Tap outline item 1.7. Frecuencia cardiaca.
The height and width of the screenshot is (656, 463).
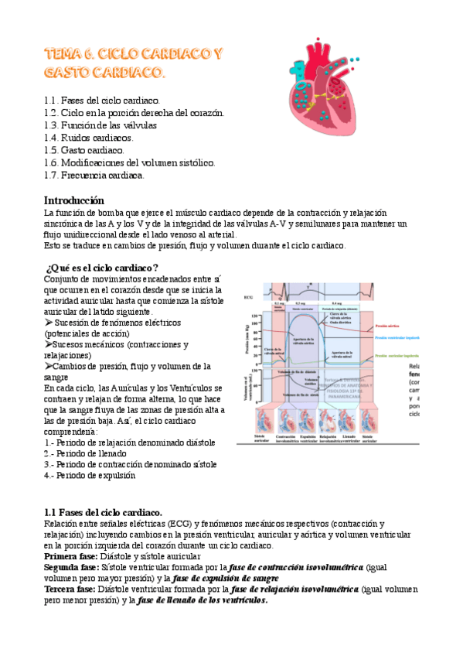(94, 176)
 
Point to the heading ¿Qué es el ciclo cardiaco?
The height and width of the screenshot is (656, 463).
(103, 268)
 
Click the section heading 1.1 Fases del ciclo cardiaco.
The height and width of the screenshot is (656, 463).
(103, 512)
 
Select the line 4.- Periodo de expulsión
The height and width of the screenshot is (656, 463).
(90, 476)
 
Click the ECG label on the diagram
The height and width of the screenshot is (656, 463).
(247, 297)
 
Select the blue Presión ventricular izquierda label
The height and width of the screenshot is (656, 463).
(395, 338)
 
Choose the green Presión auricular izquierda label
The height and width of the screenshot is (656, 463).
(396, 356)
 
